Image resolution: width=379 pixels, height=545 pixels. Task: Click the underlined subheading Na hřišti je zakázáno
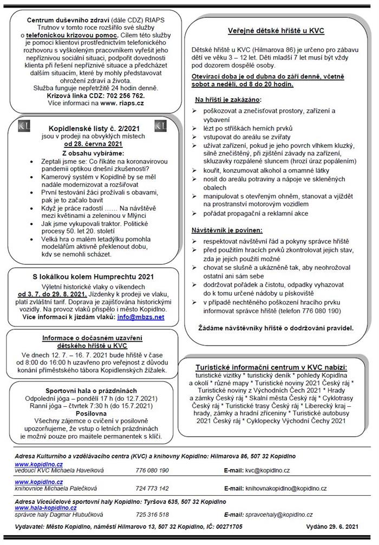227,100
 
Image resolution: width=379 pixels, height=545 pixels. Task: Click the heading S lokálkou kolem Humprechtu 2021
89,277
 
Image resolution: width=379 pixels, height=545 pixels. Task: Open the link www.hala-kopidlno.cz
38,508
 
